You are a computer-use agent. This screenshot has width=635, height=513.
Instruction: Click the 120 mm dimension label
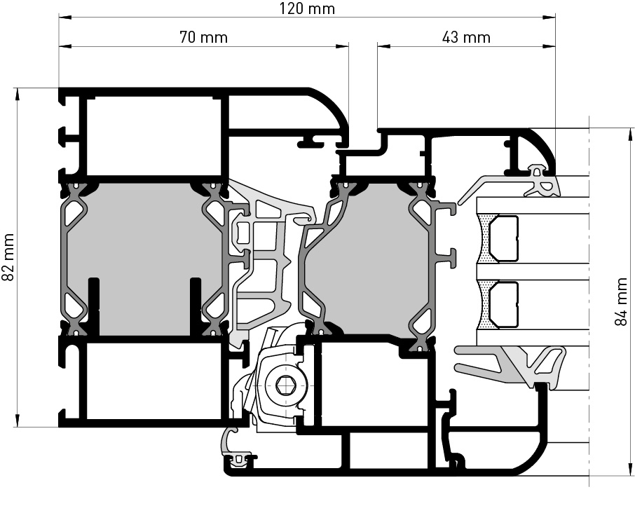click(307, 8)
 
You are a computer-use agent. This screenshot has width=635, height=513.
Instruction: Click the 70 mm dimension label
click(203, 37)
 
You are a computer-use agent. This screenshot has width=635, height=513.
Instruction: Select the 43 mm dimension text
click(466, 37)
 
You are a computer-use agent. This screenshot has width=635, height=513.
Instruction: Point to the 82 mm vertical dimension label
click(8, 257)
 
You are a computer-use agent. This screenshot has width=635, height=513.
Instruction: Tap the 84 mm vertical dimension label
click(621, 301)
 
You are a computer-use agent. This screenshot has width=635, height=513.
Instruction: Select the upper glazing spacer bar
click(504, 239)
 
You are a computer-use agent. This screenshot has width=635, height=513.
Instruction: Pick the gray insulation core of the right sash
click(367, 259)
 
